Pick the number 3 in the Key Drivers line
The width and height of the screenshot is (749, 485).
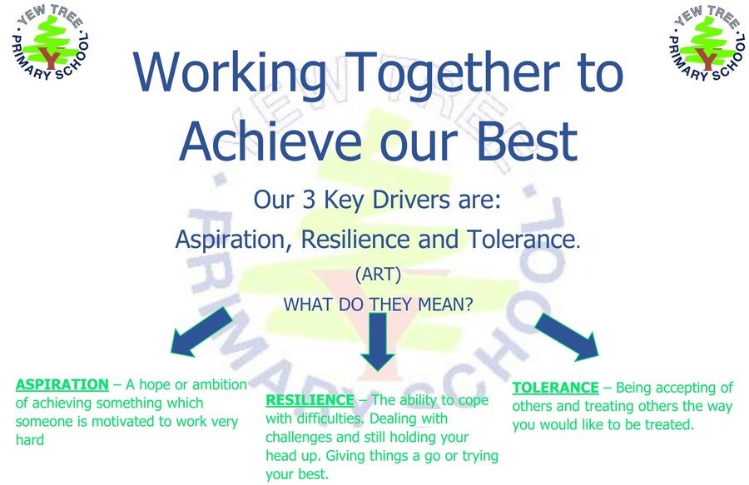click(x=309, y=200)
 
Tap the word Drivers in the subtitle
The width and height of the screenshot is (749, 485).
click(x=411, y=200)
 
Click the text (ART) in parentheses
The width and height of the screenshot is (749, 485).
click(x=378, y=275)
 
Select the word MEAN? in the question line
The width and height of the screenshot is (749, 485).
click(x=445, y=304)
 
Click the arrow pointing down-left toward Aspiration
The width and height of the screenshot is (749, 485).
click(x=201, y=332)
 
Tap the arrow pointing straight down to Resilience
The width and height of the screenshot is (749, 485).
click(x=378, y=342)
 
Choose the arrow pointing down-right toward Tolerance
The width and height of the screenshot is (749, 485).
click(x=567, y=337)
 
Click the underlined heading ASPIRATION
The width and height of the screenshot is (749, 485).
click(x=62, y=384)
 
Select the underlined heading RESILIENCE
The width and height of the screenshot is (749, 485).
click(x=310, y=400)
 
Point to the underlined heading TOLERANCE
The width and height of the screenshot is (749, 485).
click(x=555, y=388)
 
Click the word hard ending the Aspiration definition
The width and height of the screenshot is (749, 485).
click(x=30, y=439)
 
